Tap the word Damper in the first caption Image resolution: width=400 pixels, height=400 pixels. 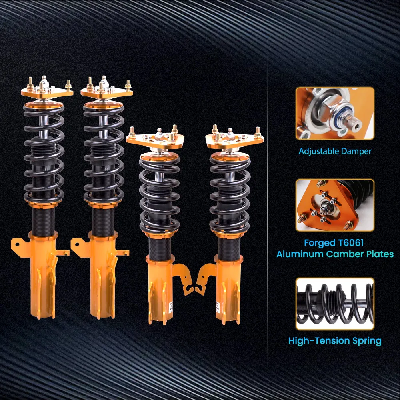(x=356, y=152)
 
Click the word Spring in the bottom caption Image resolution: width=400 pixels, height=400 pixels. (x=368, y=341)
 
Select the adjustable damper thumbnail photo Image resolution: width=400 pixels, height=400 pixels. (x=335, y=113)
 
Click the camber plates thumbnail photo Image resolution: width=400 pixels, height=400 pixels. (x=335, y=205)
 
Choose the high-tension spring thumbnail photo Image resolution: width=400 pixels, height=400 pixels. (x=335, y=304)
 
